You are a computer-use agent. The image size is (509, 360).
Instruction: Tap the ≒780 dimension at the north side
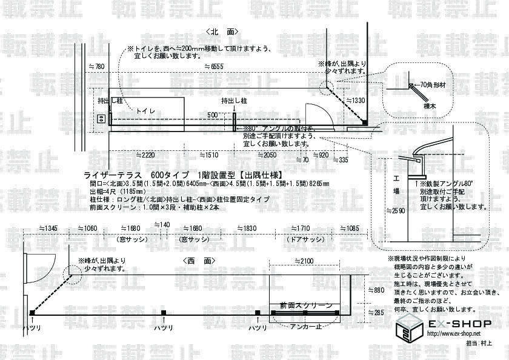96,65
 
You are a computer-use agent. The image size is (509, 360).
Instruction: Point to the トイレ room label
145,112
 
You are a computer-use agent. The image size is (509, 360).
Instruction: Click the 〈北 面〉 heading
222,31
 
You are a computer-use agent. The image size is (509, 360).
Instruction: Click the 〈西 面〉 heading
199,261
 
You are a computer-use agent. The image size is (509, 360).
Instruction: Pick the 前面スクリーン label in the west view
302,304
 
